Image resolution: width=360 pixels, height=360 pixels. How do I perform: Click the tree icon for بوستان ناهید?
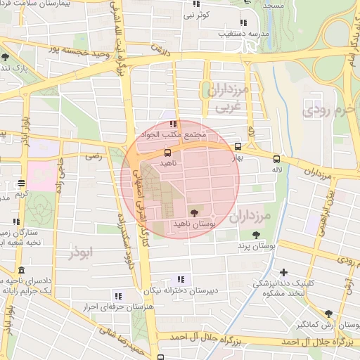195,212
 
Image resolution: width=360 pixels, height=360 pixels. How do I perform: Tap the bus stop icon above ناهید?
167,153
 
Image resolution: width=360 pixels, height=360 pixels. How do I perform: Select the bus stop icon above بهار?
238,147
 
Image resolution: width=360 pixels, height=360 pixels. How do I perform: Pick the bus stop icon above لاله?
276,159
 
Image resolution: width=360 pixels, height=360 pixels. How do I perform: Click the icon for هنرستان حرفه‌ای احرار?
117,296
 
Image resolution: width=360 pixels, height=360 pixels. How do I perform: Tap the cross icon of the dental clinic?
283,272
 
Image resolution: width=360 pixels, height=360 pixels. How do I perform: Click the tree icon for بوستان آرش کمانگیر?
328,314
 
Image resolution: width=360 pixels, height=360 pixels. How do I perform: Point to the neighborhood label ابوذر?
82,252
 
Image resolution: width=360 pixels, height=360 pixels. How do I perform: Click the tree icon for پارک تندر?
6,57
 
